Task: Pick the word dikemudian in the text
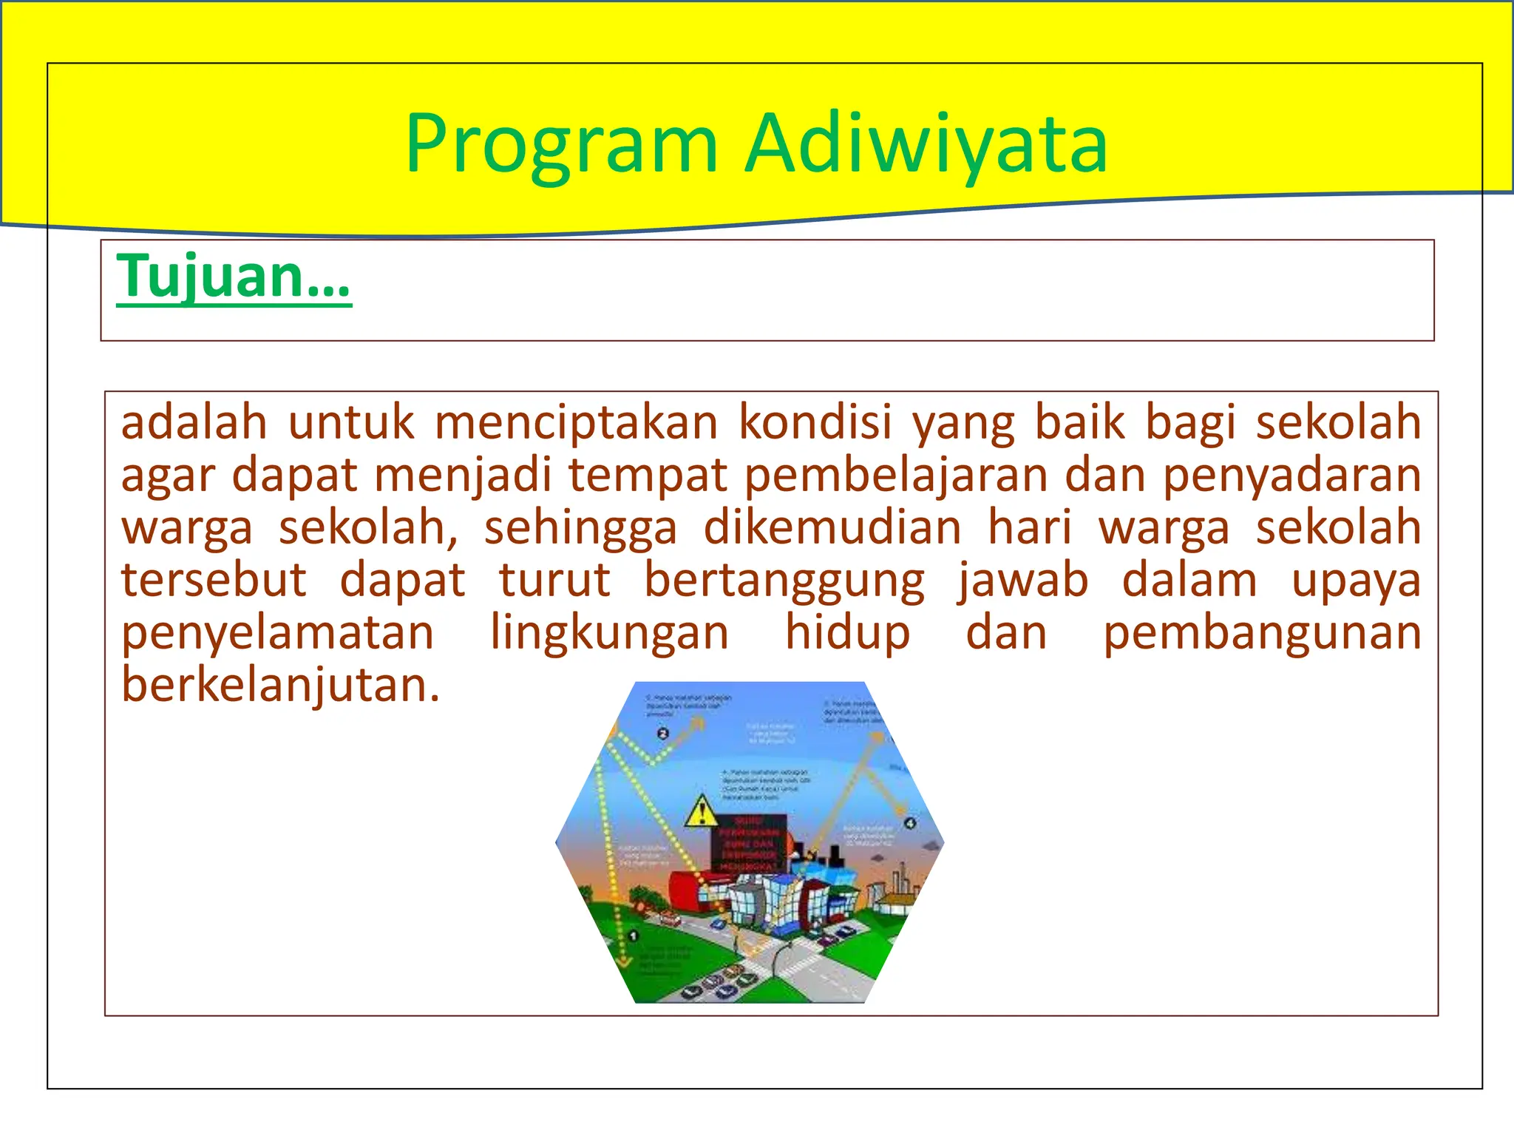tap(832, 528)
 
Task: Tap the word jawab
tap(1023, 580)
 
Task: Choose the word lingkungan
tap(610, 633)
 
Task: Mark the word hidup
tap(847, 633)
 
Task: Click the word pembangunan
tap(1261, 633)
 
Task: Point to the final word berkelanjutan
tap(280, 686)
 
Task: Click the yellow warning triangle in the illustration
tap(701, 812)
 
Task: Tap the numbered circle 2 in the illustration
tap(662, 734)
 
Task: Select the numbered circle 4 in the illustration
tap(910, 823)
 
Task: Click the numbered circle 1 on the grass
tap(634, 936)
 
